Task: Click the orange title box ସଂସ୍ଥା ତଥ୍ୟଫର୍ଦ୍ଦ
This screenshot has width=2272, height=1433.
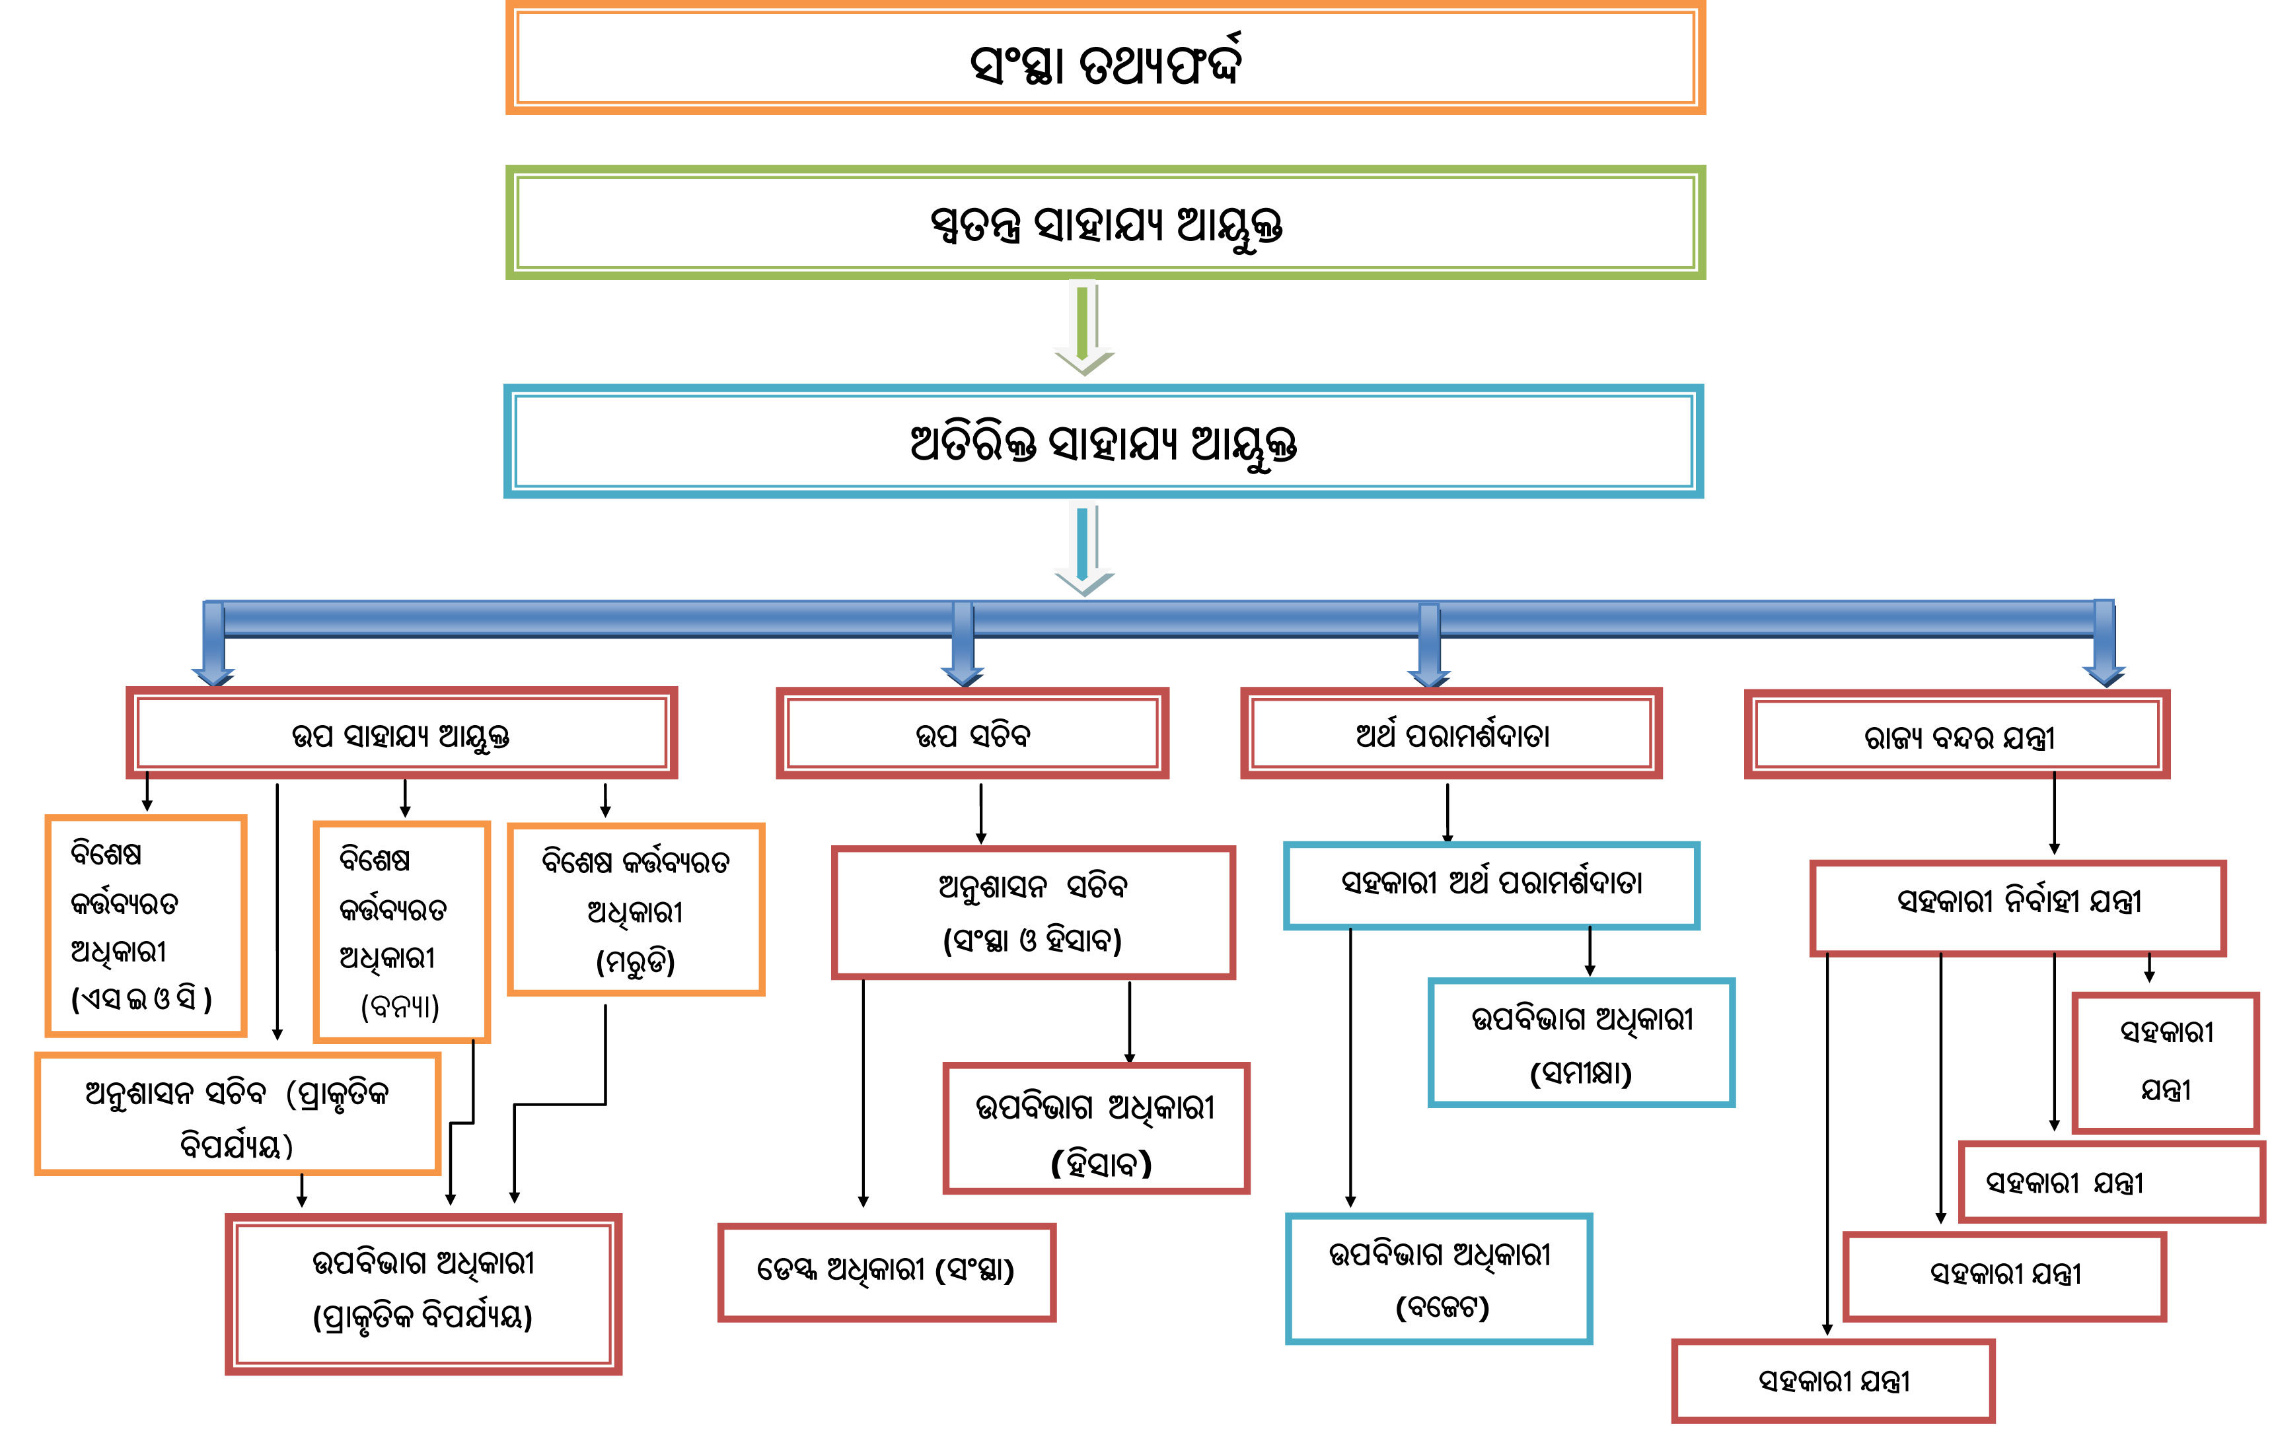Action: pyautogui.click(x=1105, y=59)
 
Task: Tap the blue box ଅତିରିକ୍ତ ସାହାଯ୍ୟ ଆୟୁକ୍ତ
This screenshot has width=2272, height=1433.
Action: pyautogui.click(x=1103, y=442)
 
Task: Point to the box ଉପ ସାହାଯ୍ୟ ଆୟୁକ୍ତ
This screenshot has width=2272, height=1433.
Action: pyautogui.click(x=402, y=733)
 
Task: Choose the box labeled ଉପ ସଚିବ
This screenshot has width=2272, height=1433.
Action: pyautogui.click(x=972, y=733)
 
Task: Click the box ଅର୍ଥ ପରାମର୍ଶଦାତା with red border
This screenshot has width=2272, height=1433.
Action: pyautogui.click(x=1451, y=733)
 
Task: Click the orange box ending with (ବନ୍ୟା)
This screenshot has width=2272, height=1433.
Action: pyautogui.click(x=402, y=931)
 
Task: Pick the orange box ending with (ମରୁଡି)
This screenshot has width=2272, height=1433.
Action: pyautogui.click(x=636, y=909)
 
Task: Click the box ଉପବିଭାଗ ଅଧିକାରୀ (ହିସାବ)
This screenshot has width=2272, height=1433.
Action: pyautogui.click(x=1095, y=1129)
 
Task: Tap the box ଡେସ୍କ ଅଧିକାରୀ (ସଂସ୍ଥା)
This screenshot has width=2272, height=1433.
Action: pyautogui.click(x=886, y=1272)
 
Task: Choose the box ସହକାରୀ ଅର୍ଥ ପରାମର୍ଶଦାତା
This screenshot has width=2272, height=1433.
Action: pyautogui.click(x=1490, y=885)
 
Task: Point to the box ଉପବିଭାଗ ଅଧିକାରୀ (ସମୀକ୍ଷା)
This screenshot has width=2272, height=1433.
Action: pyautogui.click(x=1582, y=1043)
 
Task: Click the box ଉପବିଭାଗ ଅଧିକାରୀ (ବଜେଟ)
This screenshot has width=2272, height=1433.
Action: pyautogui.click(x=1439, y=1278)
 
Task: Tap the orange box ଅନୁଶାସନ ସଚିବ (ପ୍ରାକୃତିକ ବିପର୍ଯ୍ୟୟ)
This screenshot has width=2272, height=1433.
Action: pyautogui.click(x=238, y=1114)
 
